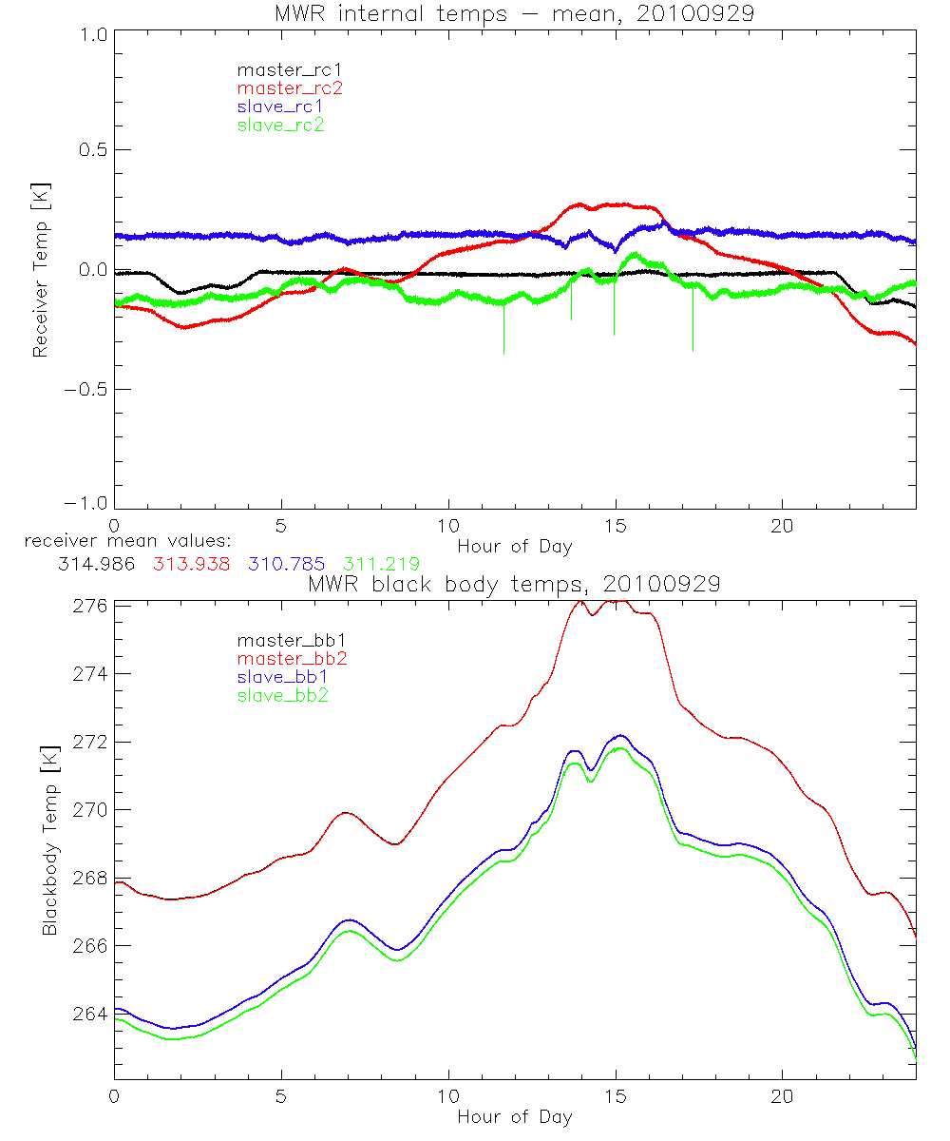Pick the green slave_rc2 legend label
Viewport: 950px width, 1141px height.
click(x=280, y=124)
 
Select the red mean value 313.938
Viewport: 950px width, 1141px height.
click(x=191, y=564)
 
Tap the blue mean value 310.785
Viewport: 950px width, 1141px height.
click(x=286, y=564)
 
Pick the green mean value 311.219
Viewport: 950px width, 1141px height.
click(x=381, y=564)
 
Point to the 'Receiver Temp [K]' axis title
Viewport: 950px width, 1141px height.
click(x=40, y=269)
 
